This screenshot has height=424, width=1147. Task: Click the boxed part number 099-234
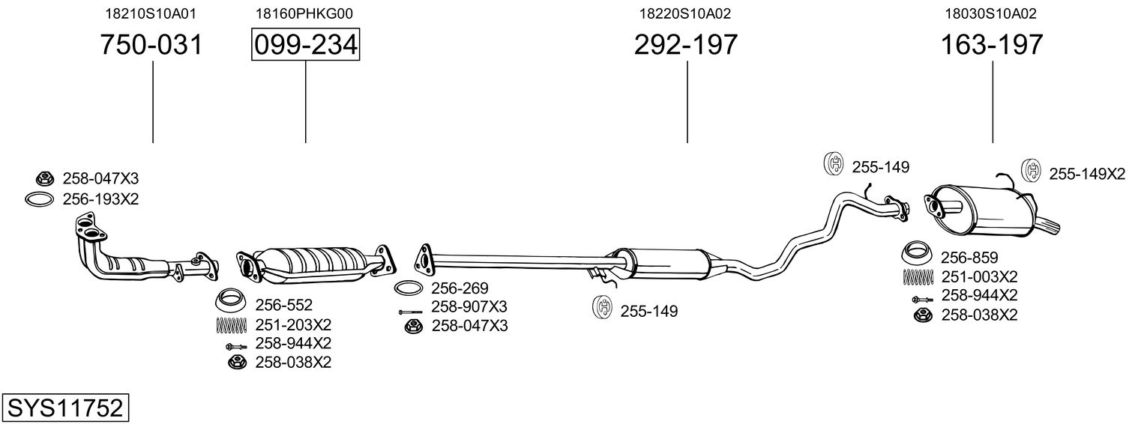pos(305,44)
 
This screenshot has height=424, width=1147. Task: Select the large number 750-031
pos(151,44)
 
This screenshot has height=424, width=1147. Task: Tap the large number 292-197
pos(686,44)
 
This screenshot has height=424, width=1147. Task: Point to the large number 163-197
pos(992,44)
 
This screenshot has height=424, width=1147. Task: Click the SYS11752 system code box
pos(65,408)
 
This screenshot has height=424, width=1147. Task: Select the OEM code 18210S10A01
pos(151,13)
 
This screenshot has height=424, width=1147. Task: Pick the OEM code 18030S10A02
pos(991,13)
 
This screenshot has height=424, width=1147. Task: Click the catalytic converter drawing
pos(316,264)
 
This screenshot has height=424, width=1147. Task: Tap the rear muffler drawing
pos(991,210)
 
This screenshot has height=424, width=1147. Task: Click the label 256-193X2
pos(101,199)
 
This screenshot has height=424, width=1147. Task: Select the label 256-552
pos(283,306)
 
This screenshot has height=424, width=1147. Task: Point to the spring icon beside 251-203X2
pos(232,325)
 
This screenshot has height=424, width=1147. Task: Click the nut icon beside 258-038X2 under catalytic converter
pos(236,362)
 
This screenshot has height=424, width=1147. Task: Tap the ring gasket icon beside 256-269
pos(408,288)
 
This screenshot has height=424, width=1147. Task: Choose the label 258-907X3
pos(469,307)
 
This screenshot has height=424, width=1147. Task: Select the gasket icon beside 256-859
pos(917,252)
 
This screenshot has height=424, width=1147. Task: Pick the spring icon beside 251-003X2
pos(918,277)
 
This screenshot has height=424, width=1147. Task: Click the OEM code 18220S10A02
pos(684,13)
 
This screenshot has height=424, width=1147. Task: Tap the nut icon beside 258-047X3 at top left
pos(45,178)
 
